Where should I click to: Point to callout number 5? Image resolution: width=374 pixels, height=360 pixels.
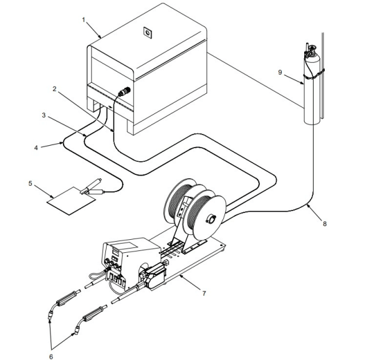[31, 184]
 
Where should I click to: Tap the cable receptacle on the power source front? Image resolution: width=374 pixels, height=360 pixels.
[123, 92]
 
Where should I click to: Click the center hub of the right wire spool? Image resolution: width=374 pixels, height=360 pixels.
[210, 218]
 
